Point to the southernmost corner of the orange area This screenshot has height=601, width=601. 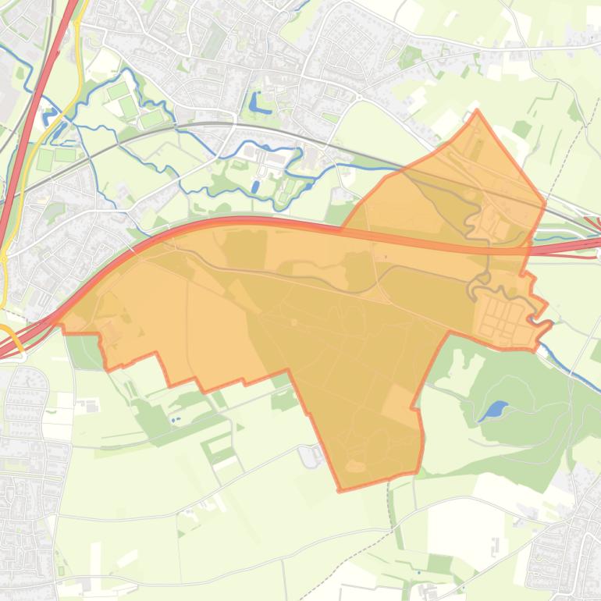click(x=340, y=490)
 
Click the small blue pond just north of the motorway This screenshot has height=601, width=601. click(x=255, y=187)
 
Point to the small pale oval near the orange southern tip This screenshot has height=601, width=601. click(x=355, y=466)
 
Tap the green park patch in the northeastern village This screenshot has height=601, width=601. click(x=409, y=57)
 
